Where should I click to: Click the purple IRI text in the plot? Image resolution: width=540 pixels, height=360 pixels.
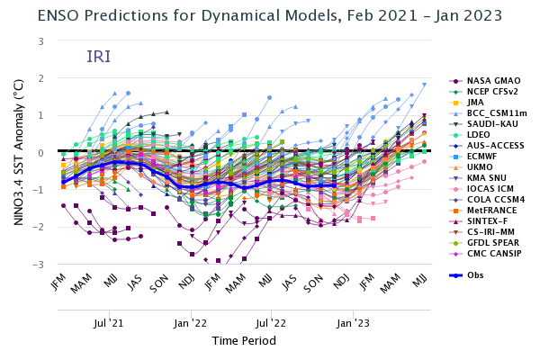coord(98,57)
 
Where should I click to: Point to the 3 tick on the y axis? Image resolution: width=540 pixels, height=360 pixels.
coord(41,41)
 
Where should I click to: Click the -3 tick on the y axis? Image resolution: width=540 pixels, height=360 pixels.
coord(40,265)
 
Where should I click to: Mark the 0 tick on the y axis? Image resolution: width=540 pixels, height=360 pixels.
coord(41,153)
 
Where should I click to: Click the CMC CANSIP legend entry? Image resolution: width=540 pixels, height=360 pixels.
coord(491,254)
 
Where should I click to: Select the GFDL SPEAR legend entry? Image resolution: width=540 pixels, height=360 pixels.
coord(491,243)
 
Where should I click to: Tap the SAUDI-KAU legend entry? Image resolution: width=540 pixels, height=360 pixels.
coord(490,124)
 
